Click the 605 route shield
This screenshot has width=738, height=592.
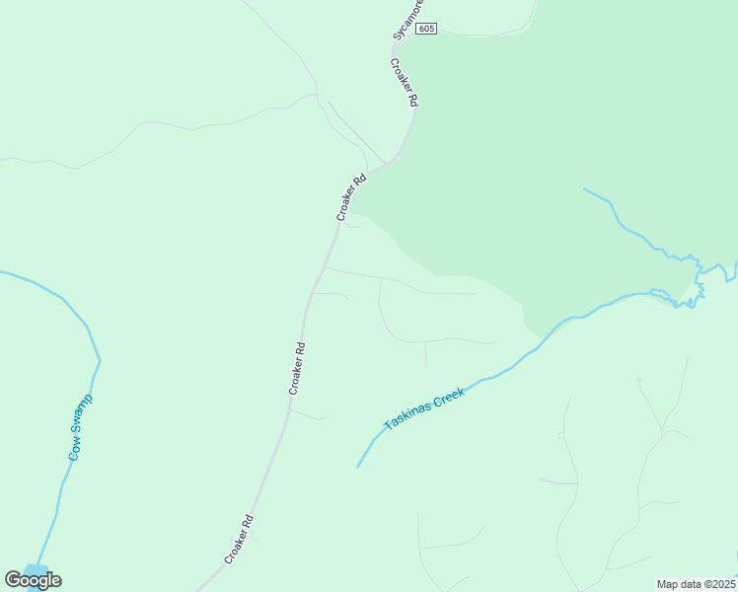pos(425,29)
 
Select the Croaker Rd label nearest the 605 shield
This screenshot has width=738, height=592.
pos(405,83)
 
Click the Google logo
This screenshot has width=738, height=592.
pos(33,580)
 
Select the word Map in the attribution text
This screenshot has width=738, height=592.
pos(669,584)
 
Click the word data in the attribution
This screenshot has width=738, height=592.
pos(691,584)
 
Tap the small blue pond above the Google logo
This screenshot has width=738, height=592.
pos(36,570)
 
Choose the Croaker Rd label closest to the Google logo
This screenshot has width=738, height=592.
pos(239,540)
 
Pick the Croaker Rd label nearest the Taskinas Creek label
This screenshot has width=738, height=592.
pos(298,368)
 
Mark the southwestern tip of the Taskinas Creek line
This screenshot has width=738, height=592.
pos(357,467)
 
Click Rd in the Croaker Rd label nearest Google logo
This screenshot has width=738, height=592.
pos(249,520)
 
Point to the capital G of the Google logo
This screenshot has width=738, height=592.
pos(13,579)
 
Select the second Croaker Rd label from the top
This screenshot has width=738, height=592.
pos(350,197)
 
